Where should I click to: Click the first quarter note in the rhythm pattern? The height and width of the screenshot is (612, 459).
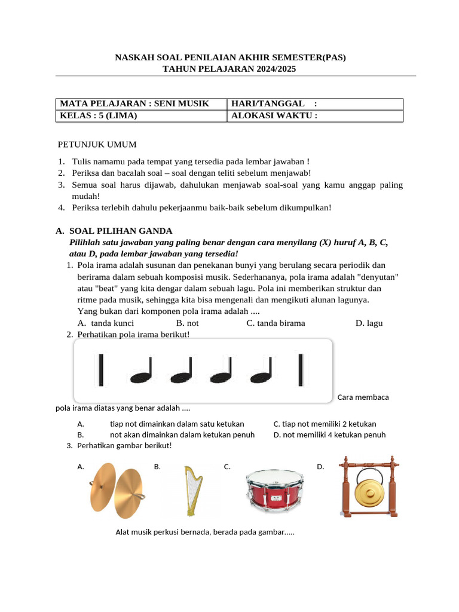[142, 371]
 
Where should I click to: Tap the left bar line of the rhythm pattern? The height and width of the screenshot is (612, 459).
[100, 370]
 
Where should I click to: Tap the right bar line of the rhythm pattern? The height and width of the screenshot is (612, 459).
[300, 370]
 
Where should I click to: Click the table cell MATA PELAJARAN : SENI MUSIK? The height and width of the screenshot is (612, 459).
[134, 104]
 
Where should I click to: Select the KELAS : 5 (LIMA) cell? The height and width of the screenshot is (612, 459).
[99, 116]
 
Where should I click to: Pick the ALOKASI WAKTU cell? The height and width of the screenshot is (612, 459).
[274, 116]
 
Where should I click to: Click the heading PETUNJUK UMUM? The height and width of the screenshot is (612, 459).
[97, 145]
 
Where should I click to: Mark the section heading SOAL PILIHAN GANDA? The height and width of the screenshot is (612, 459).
[120, 231]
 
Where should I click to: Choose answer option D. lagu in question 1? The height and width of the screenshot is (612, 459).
[369, 323]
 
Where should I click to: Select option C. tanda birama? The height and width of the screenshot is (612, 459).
[276, 323]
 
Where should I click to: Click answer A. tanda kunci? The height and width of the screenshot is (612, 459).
[110, 323]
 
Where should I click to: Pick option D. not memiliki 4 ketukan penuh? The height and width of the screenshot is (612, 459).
[329, 434]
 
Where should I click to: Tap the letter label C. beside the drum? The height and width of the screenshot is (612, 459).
[227, 467]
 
